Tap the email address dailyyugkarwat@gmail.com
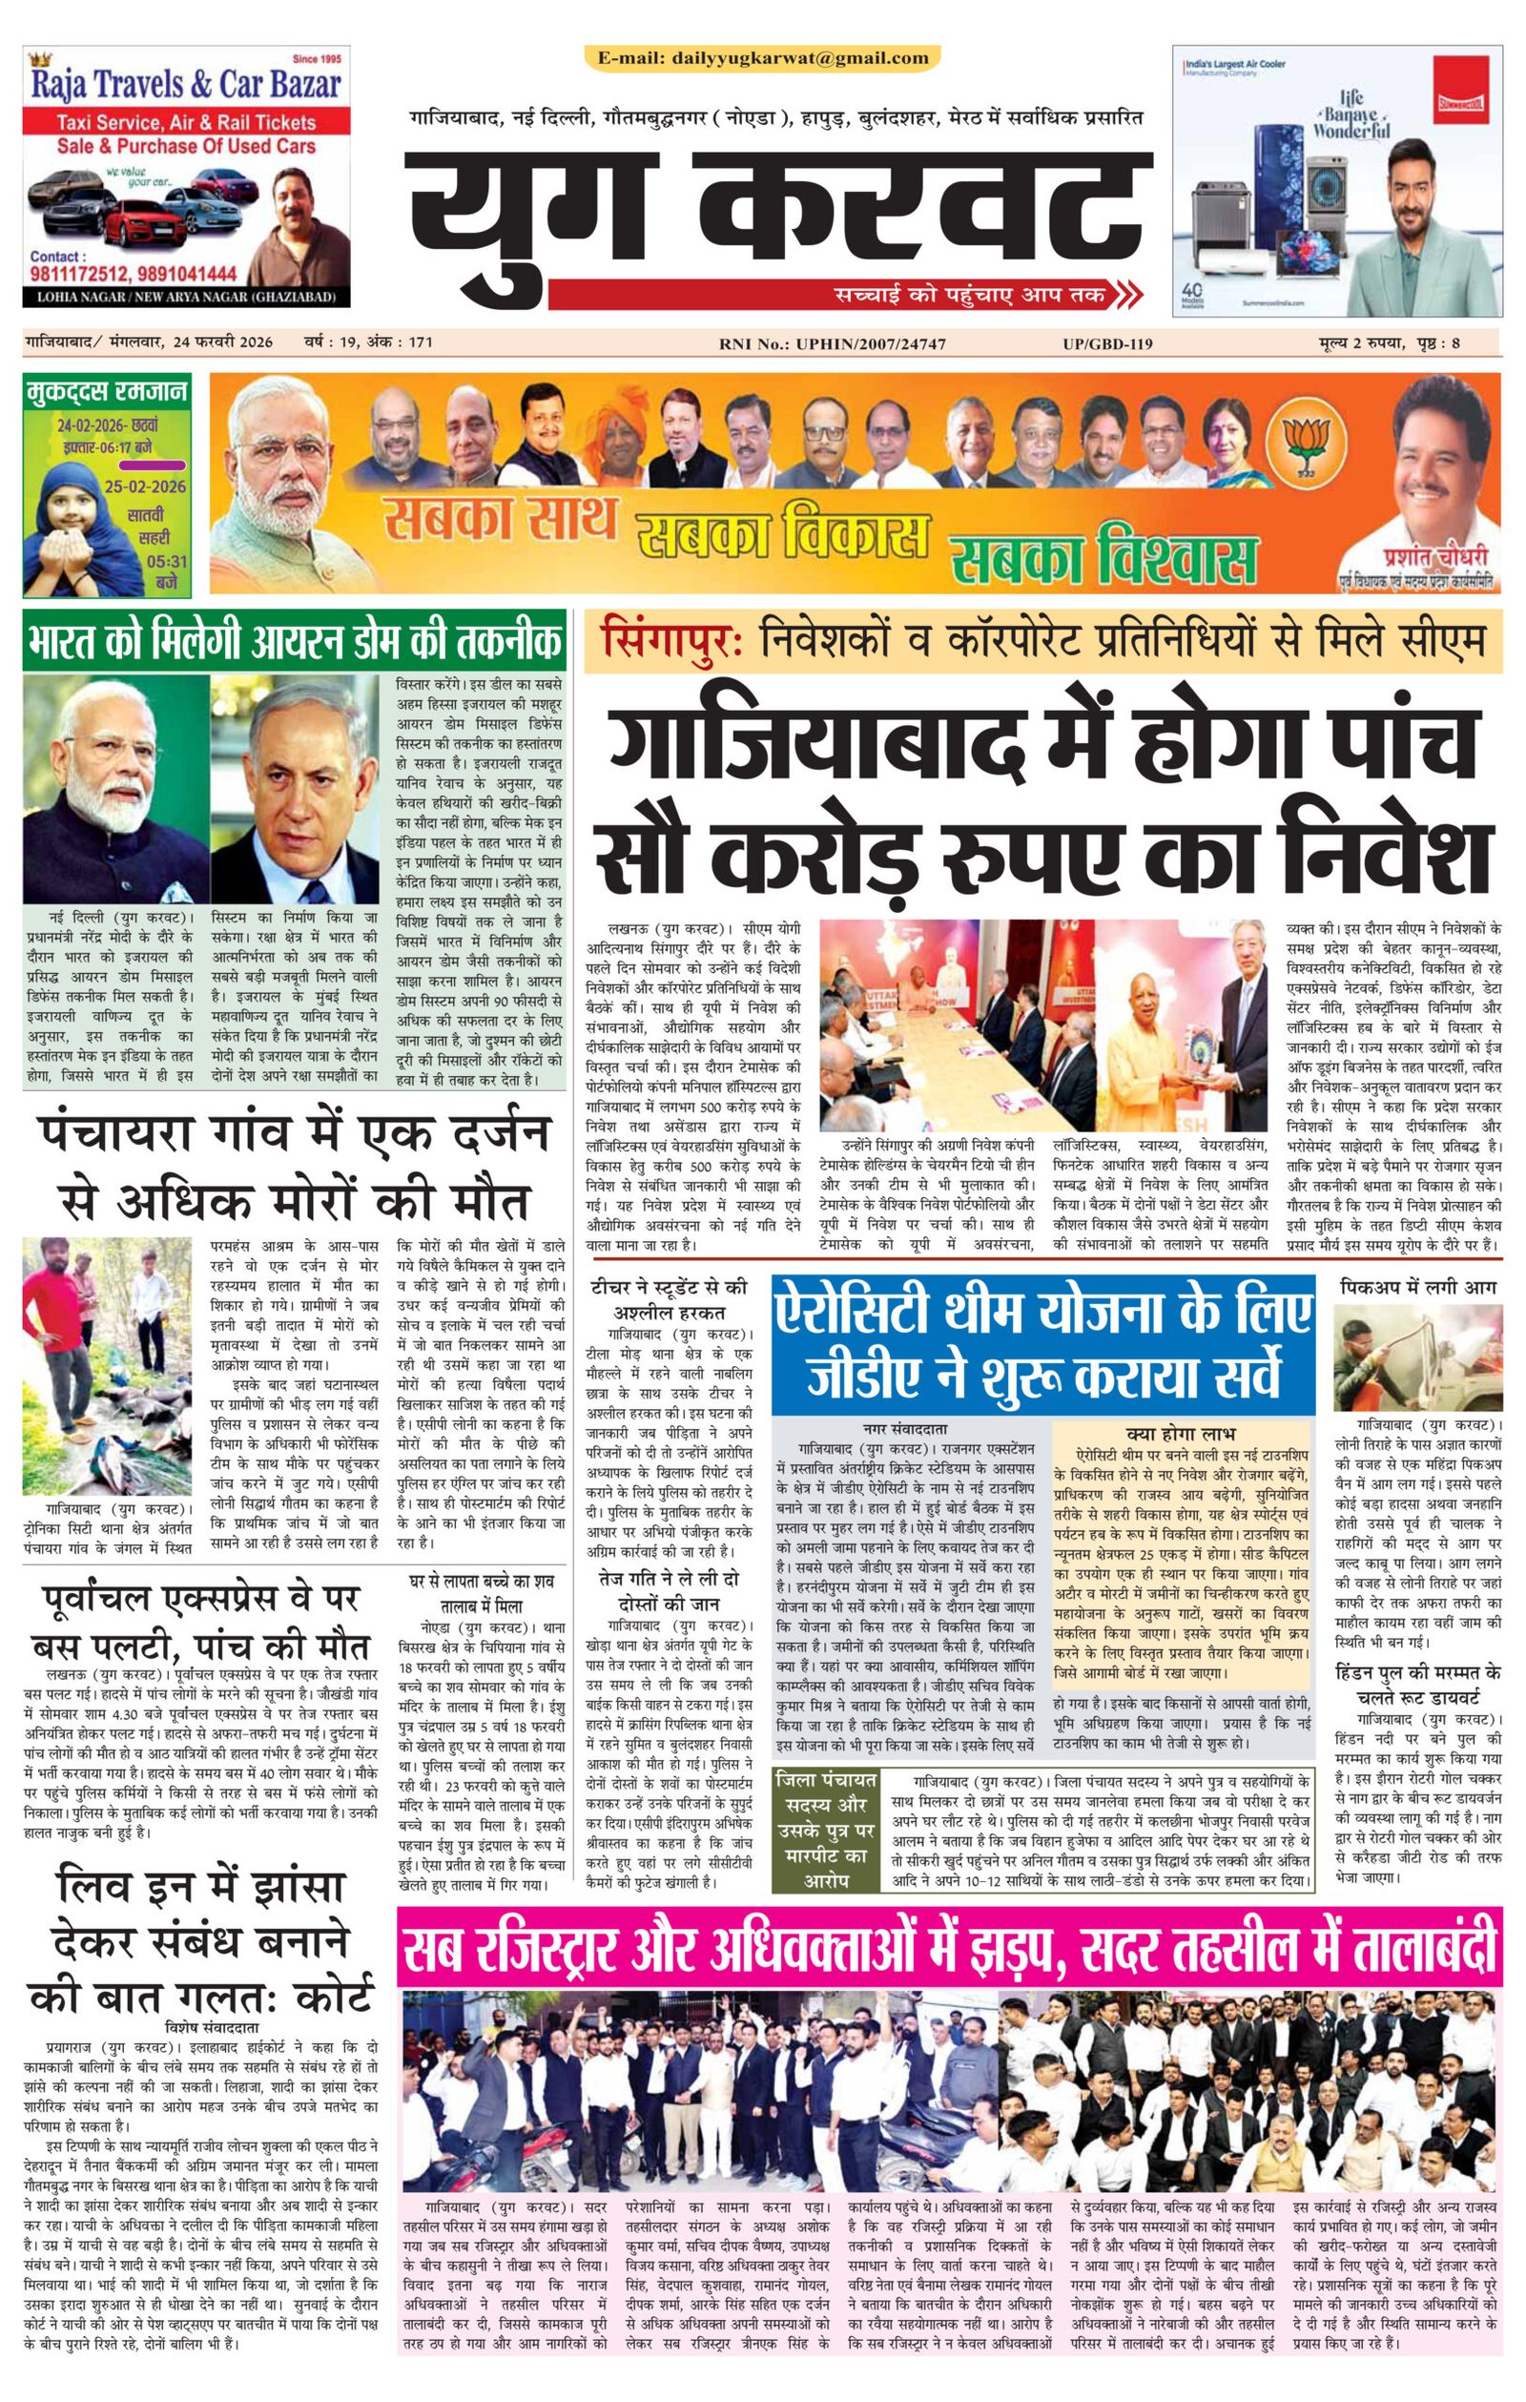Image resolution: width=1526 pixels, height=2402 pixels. [763, 58]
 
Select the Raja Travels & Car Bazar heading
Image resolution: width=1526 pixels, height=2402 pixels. [186, 86]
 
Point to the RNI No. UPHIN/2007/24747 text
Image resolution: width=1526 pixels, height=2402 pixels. [832, 344]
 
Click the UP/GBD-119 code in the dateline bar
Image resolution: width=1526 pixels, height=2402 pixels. [1108, 344]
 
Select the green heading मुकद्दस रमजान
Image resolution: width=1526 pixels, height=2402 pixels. [106, 390]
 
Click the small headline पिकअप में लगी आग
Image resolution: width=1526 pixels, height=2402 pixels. [1418, 1288]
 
